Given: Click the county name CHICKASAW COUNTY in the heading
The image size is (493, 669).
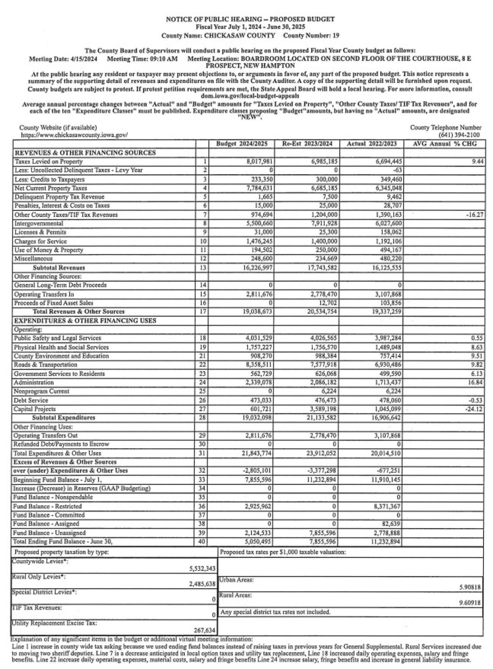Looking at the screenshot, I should click(x=240, y=36).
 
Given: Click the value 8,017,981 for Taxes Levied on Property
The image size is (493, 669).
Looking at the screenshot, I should click(x=258, y=162).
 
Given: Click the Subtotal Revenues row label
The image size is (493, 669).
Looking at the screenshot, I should click(x=59, y=268).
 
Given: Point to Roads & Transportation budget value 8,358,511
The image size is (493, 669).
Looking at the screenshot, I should click(x=258, y=365).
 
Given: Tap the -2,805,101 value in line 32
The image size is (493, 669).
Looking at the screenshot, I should click(x=258, y=471).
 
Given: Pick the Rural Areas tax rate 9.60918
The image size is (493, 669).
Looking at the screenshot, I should click(x=470, y=603).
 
